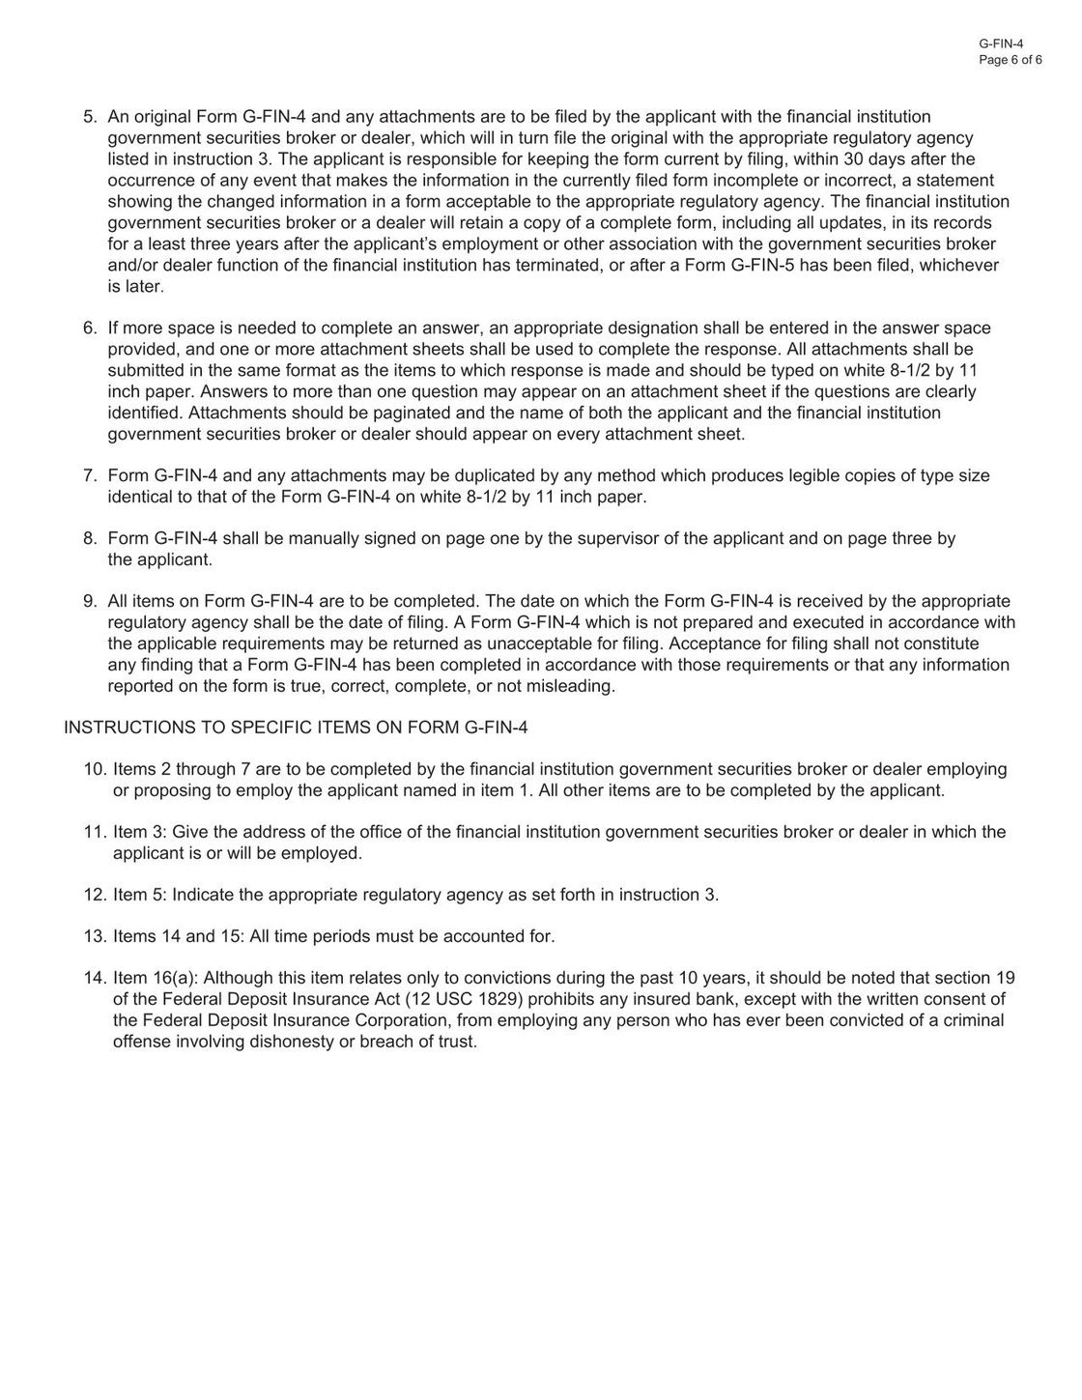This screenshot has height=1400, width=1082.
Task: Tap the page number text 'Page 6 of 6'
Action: pos(1010,59)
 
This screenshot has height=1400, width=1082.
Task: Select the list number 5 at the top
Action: pos(90,117)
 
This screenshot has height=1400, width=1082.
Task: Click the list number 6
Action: pos(90,329)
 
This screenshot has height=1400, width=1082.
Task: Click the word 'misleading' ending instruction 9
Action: pos(569,686)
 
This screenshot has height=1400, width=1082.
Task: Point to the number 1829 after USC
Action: pos(486,999)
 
